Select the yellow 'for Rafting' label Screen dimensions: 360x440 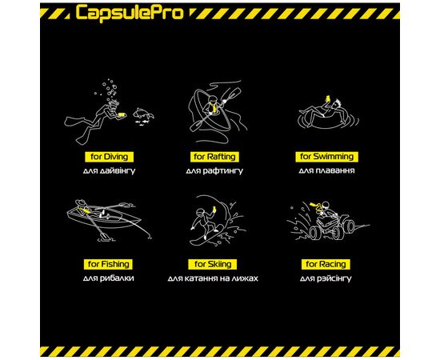coord(214,157)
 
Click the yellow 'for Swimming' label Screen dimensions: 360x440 coord(326,157)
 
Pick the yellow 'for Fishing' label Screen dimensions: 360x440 coord(107,264)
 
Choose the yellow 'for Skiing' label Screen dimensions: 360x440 coord(214,264)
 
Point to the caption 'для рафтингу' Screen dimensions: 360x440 coord(214,171)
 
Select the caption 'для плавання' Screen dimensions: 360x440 coord(326,171)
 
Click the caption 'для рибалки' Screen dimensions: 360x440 coord(107,278)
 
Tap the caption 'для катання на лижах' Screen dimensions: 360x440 coord(214,278)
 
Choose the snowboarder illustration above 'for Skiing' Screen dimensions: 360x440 coord(212,220)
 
